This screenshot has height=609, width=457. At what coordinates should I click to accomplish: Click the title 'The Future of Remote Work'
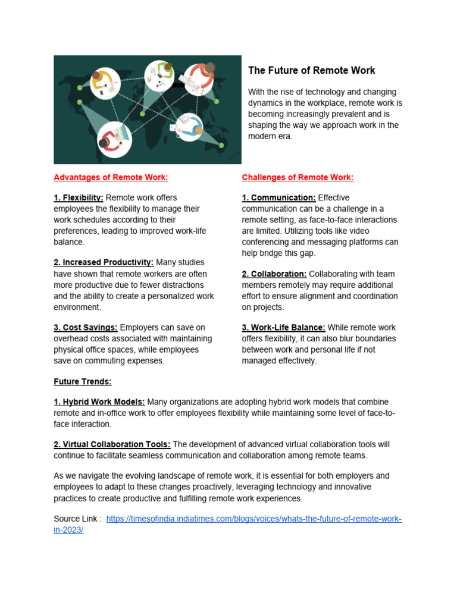pos(311,70)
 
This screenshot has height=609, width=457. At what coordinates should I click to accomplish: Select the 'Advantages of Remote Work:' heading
pos(111,177)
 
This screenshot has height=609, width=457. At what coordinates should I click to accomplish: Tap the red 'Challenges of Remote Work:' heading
pos(298,177)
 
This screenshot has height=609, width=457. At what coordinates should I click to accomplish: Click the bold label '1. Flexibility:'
pos(79,197)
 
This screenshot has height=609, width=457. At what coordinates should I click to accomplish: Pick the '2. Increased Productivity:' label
pos(104,262)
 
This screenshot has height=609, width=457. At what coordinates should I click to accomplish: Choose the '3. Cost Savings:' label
pos(86,328)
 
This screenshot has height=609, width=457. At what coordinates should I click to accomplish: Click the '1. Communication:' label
pos(278,197)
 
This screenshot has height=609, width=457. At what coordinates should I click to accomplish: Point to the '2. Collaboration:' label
pos(274,274)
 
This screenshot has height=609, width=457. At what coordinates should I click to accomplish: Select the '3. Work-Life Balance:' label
pos(283,328)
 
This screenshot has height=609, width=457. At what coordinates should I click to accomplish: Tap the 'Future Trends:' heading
pos(83,382)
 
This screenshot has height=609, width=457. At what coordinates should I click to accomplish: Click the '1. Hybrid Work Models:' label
pos(99,402)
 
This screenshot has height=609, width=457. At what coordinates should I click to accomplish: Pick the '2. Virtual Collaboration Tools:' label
pos(112,444)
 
